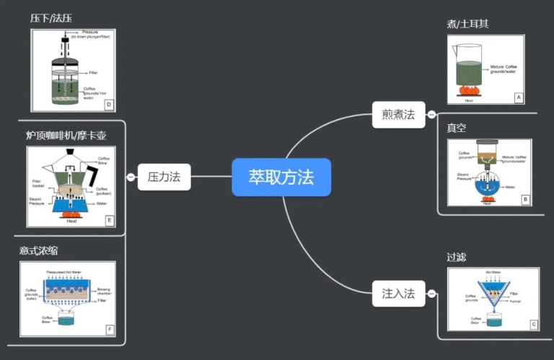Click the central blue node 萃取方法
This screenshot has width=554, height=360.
coord(281,177)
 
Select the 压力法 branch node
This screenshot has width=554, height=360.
coord(164,177)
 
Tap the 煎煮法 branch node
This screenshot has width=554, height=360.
coord(398,114)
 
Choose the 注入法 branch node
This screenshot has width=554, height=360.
coord(398,294)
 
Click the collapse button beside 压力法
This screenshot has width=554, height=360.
coord(131,177)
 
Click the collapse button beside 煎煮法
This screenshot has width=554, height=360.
coord(431,114)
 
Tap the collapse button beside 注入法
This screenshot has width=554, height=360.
coord(431,294)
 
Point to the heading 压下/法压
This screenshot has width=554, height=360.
coord(51,17)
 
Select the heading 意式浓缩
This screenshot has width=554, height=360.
coord(39,250)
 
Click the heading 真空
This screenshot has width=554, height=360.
coord(456,128)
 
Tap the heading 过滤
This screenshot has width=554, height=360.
coord(457,256)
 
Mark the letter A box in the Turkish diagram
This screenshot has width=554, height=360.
coord(517,97)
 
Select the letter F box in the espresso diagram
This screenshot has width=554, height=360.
coord(109,330)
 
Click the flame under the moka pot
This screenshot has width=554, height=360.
coord(71,214)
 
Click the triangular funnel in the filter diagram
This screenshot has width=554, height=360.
coord(493,295)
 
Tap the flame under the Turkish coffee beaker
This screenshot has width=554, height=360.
coord(469,91)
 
